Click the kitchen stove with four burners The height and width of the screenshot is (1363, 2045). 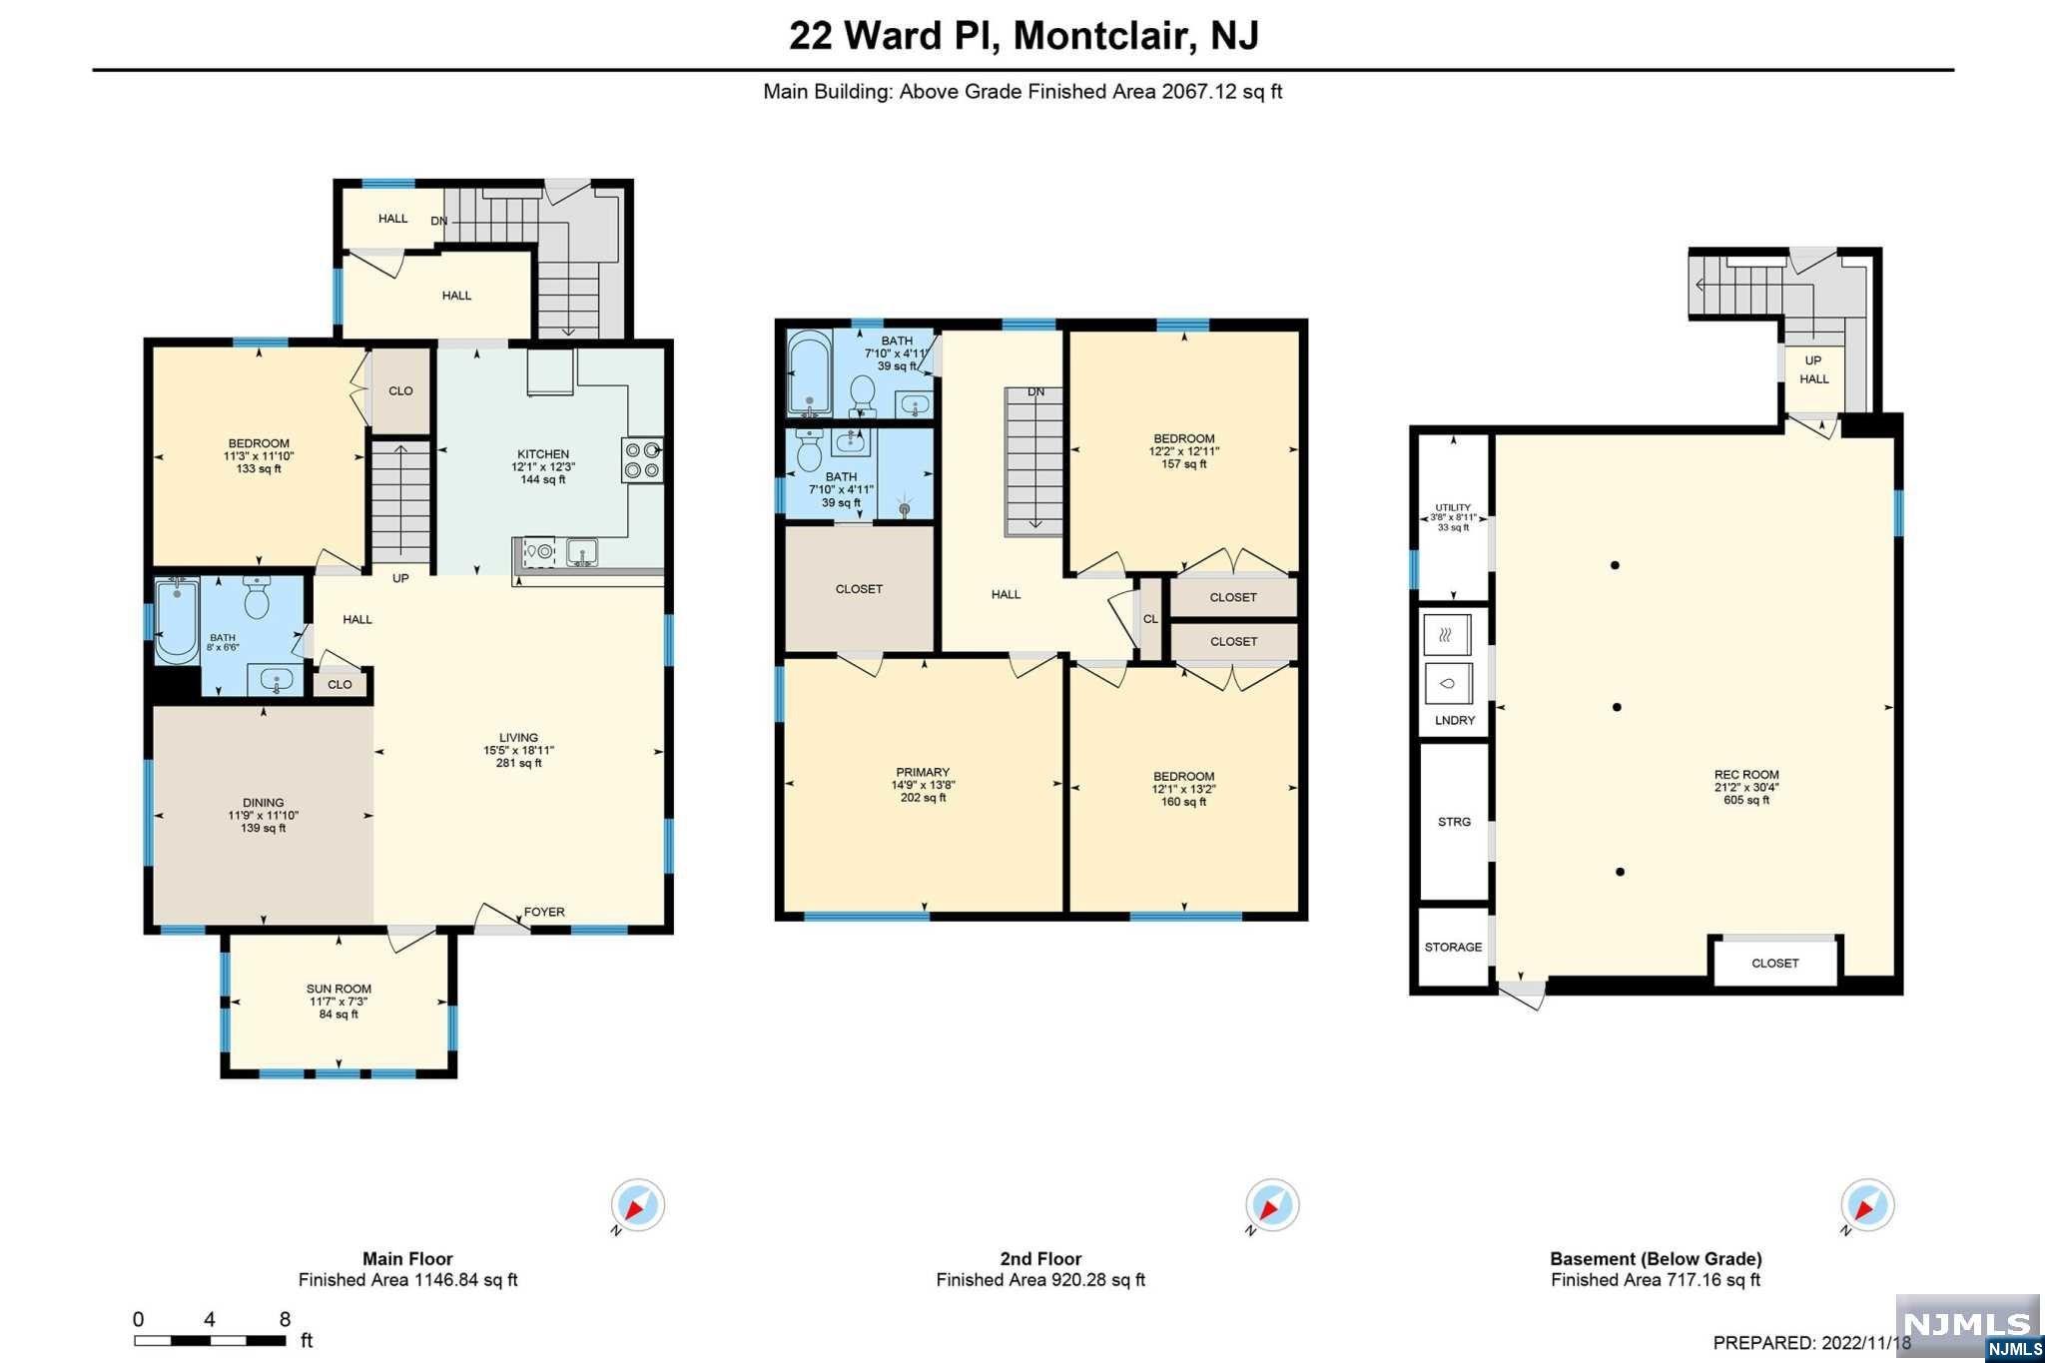[642, 460]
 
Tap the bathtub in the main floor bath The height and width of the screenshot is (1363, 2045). [177, 620]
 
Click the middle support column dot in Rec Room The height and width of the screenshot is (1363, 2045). [1618, 707]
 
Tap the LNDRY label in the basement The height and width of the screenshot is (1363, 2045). [1455, 720]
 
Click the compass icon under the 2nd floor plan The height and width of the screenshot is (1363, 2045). [1272, 1205]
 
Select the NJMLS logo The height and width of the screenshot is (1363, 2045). [1967, 1327]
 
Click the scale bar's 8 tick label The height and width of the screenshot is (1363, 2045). [285, 1319]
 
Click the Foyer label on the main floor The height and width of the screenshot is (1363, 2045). [544, 912]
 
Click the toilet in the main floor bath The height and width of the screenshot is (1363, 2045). [258, 599]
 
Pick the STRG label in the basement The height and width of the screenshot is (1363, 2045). [1454, 822]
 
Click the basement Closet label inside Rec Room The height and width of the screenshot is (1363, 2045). [1775, 963]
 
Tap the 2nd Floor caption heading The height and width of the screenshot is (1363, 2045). [1040, 1259]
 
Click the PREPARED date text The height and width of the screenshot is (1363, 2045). [1812, 1343]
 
